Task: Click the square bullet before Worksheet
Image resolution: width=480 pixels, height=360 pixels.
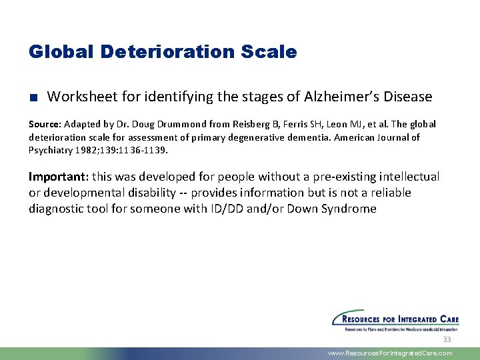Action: [x=33, y=97]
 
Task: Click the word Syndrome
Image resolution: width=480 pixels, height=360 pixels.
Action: [x=351, y=209]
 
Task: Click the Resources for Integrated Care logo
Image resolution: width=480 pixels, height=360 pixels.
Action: [x=395, y=320]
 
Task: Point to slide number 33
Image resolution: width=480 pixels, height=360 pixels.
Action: [x=447, y=339]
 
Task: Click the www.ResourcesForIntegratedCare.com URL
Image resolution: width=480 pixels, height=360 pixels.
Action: [x=390, y=353]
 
